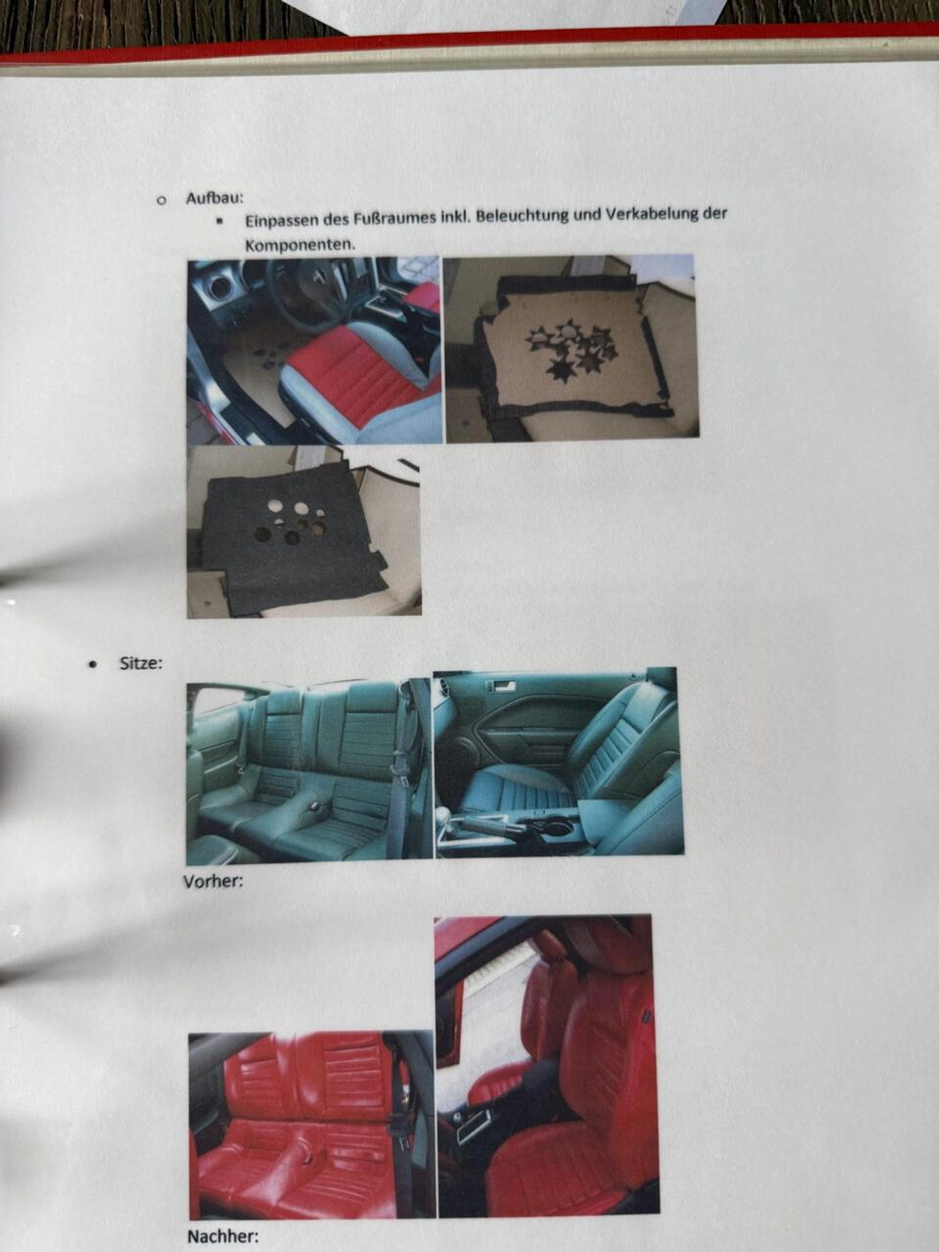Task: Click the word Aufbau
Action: pyautogui.click(x=215, y=199)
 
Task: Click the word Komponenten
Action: pyautogui.click(x=300, y=245)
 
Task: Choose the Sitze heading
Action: pyautogui.click(x=141, y=663)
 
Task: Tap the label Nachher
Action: pyautogui.click(x=223, y=1237)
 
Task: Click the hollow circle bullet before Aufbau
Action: pyautogui.click(x=160, y=200)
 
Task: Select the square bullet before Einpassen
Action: pyautogui.click(x=219, y=220)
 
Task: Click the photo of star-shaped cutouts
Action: pyautogui.click(x=571, y=348)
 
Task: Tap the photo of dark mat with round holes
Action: pyautogui.click(x=304, y=531)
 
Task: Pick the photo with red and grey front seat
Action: pyautogui.click(x=315, y=350)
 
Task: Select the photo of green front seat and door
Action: pyautogui.click(x=559, y=762)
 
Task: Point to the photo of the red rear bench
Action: pyautogui.click(x=313, y=1125)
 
